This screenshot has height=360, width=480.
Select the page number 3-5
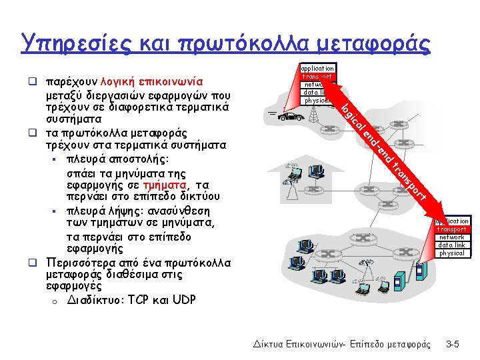click(x=453, y=344)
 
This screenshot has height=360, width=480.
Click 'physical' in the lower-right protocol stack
click(x=452, y=253)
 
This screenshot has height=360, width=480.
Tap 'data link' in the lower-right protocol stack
click(x=452, y=245)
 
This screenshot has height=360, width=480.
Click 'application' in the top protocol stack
click(x=317, y=68)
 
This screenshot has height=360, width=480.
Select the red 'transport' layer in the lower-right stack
click(x=452, y=229)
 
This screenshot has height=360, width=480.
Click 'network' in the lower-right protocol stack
click(x=452, y=237)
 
